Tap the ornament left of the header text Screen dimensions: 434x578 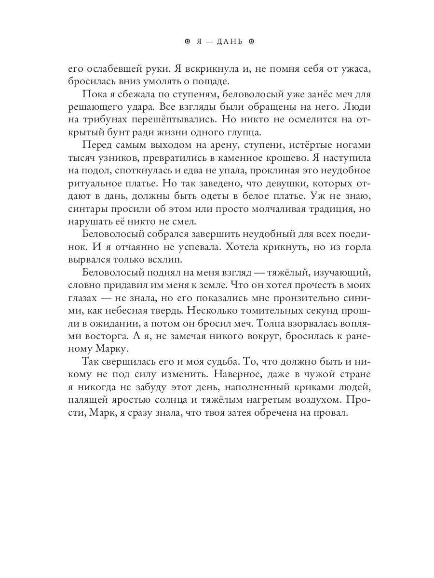click(188, 42)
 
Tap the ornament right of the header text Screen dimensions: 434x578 click(251, 42)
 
